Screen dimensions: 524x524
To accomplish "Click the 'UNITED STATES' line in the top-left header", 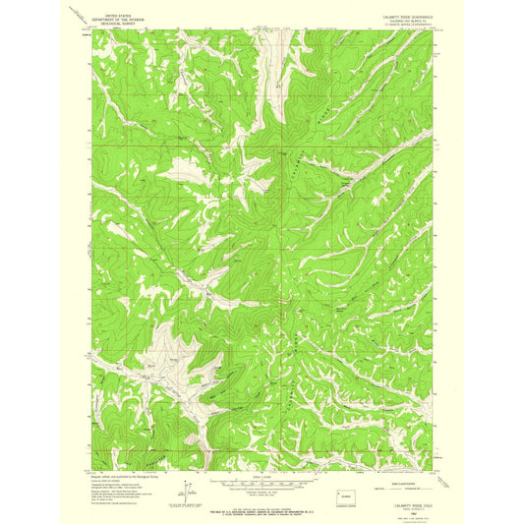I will [115, 17].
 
